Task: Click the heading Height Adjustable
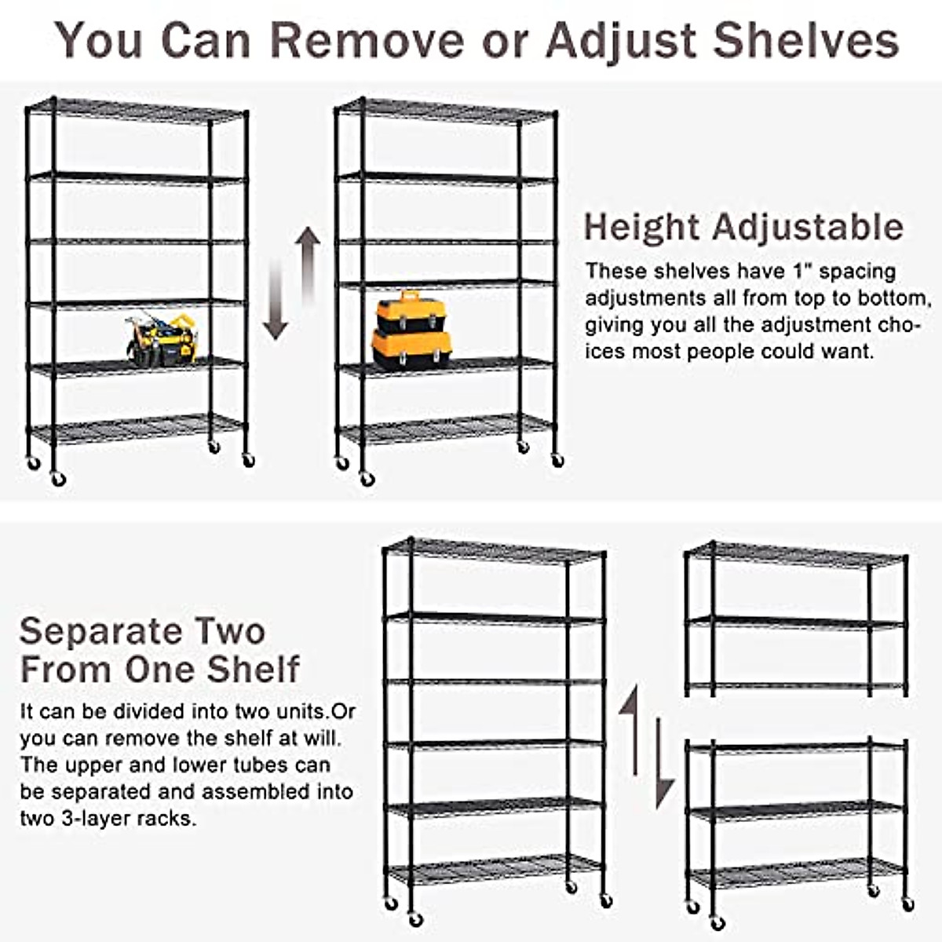click(x=743, y=228)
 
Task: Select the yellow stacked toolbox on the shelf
click(x=411, y=330)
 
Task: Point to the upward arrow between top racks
click(x=309, y=264)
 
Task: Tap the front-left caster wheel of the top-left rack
click(x=58, y=479)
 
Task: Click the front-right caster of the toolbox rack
click(x=557, y=461)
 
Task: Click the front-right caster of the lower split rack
click(x=907, y=905)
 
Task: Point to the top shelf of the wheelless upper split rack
click(x=797, y=554)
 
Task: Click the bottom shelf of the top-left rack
click(x=137, y=429)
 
